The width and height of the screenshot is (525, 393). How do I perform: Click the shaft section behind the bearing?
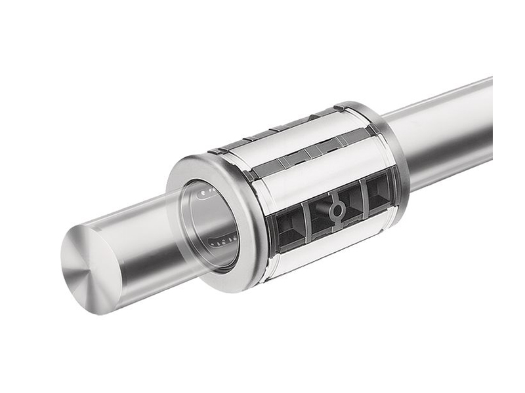point(446,131)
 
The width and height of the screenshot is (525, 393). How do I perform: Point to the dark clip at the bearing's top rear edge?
point(341,107)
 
